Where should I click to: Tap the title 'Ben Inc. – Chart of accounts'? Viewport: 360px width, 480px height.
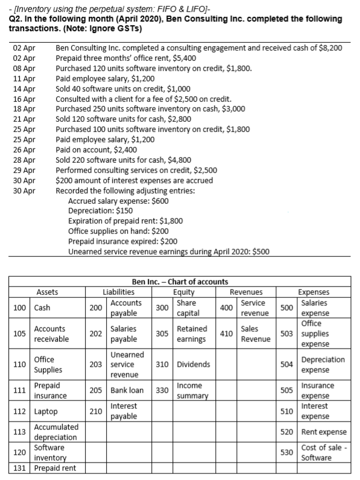[179, 282]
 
